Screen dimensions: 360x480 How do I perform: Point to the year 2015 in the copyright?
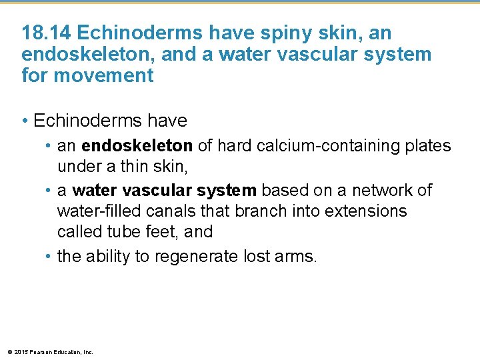click(20, 352)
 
